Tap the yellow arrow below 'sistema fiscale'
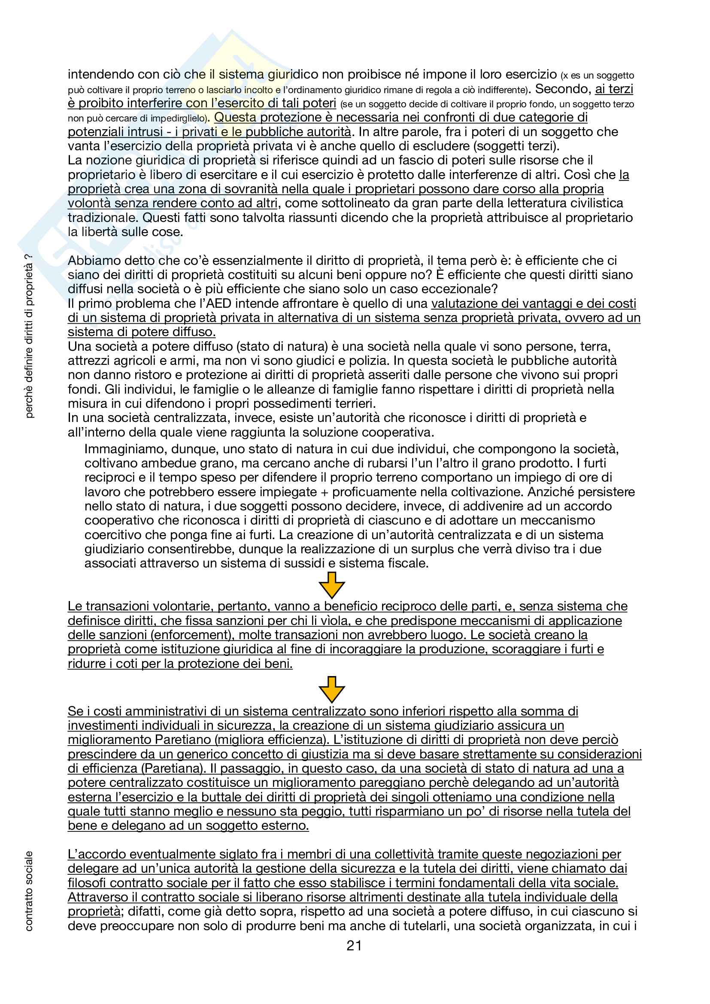tap(332, 585)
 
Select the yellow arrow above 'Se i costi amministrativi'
tap(332, 689)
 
